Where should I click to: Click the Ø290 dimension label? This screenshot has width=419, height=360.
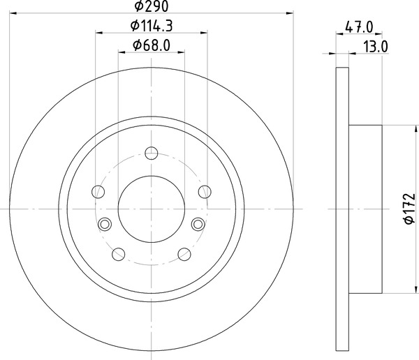152,6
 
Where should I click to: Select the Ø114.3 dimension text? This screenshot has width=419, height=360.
152,26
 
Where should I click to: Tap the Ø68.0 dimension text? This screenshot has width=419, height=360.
152,45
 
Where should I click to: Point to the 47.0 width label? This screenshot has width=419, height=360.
359,27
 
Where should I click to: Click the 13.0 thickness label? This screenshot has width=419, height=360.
376,47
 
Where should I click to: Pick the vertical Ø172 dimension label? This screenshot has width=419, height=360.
410,209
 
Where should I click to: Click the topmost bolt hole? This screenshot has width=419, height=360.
152,153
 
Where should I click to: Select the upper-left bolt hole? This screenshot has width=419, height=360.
98,192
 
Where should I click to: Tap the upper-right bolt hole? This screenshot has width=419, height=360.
205,192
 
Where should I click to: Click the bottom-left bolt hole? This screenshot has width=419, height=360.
119,254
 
